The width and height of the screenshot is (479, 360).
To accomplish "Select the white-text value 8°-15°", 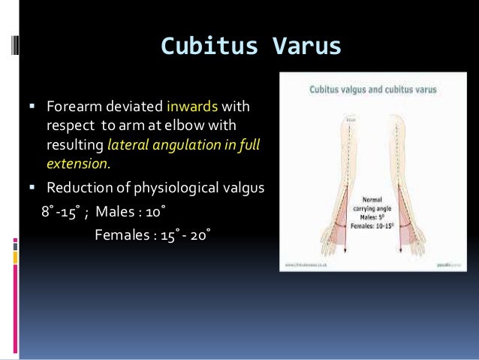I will pos(60,210).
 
